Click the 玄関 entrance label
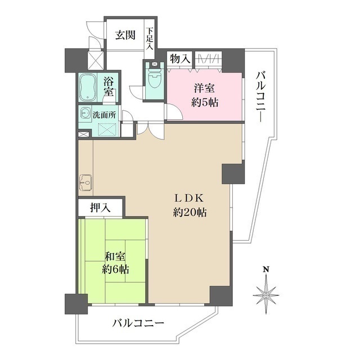[125, 35]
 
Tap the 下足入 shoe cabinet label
[150, 39]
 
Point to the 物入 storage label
[180, 58]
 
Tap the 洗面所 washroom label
[105, 114]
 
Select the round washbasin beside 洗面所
[85, 111]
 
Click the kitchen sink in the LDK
[86, 182]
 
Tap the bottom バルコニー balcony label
[137, 324]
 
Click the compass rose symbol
[266, 294]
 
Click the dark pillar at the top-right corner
[236, 59]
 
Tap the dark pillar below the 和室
[76, 304]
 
